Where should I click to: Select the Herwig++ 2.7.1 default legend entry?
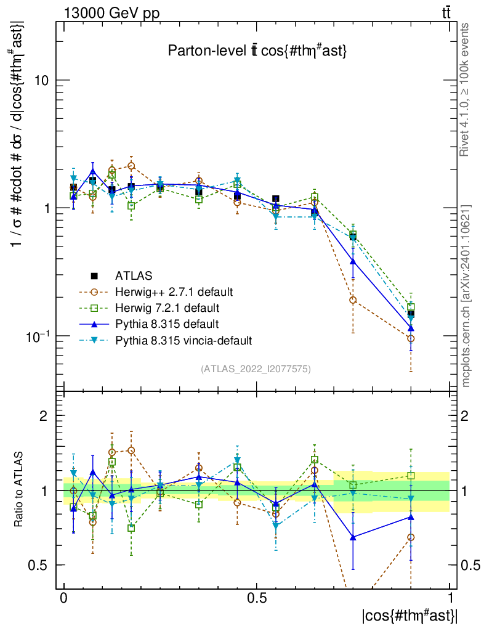[174, 291]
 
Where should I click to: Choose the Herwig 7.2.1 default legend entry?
[167, 307]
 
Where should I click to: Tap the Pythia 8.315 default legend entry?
[166, 324]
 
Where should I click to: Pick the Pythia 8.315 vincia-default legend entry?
[184, 340]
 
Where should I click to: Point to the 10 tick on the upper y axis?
[44, 80]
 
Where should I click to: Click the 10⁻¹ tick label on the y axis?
[39, 336]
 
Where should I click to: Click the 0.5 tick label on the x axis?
[257, 598]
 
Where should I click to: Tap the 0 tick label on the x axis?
[64, 598]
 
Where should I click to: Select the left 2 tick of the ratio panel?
[43, 416]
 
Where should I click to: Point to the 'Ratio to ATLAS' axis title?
[20, 490]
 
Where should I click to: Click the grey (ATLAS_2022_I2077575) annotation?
[256, 369]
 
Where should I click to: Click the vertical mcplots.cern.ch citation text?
[466, 296]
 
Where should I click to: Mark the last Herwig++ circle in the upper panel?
[411, 338]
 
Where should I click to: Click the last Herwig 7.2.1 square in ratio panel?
[411, 475]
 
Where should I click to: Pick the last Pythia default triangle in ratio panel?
[411, 516]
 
